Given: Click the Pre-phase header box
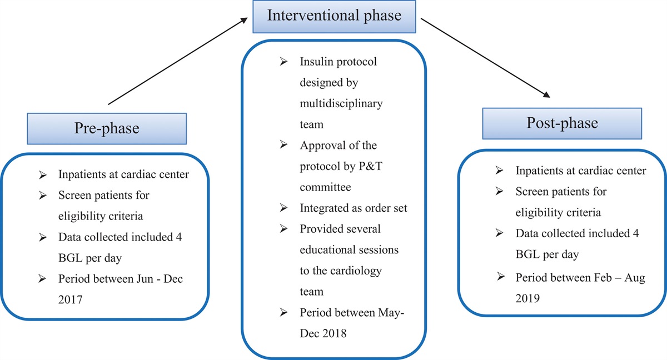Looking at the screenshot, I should pyautogui.click(x=107, y=128).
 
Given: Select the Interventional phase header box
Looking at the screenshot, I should pyautogui.click(x=334, y=15).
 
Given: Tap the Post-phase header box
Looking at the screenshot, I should pyautogui.click(x=562, y=123).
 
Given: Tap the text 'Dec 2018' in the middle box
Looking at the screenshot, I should pyautogui.click(x=324, y=333).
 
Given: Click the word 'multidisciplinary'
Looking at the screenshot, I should pyautogui.click(x=341, y=103).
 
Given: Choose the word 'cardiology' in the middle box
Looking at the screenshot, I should pyautogui.click(x=356, y=270).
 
